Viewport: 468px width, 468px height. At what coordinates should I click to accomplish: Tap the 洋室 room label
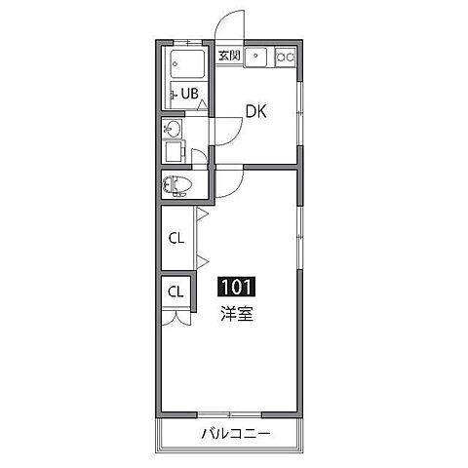(236, 314)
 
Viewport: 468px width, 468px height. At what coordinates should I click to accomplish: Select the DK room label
(255, 112)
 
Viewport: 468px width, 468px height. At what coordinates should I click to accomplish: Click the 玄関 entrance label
(229, 57)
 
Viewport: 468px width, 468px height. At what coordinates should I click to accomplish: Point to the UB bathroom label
(186, 95)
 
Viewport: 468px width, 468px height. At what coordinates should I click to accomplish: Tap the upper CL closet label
(176, 237)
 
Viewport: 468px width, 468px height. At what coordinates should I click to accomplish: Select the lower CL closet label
(176, 291)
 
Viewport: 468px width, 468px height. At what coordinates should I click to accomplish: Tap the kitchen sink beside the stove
(257, 58)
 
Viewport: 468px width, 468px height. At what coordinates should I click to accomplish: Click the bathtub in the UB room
(185, 66)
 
